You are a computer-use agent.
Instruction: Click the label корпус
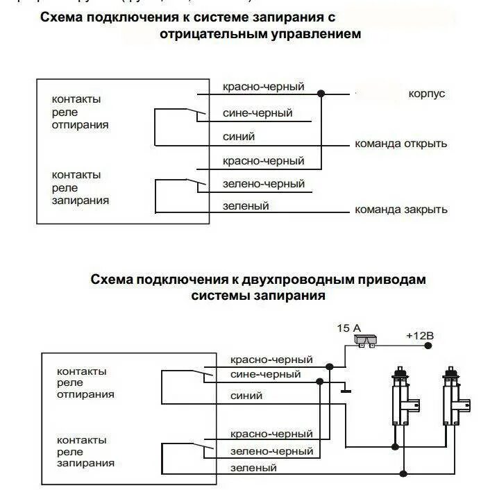point(427,94)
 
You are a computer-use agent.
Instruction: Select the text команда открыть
point(400,144)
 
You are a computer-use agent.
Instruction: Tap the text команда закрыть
point(400,209)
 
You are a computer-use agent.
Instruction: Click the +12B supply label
point(419,336)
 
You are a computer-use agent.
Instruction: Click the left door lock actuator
point(402,396)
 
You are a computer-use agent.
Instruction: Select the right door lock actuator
point(453,396)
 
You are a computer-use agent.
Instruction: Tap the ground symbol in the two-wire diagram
point(345,390)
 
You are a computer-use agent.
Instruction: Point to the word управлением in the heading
point(323,34)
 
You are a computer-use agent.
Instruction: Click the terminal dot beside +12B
point(426,345)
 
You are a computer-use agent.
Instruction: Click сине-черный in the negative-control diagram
point(258,112)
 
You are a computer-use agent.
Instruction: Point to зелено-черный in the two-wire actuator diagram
point(271,451)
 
